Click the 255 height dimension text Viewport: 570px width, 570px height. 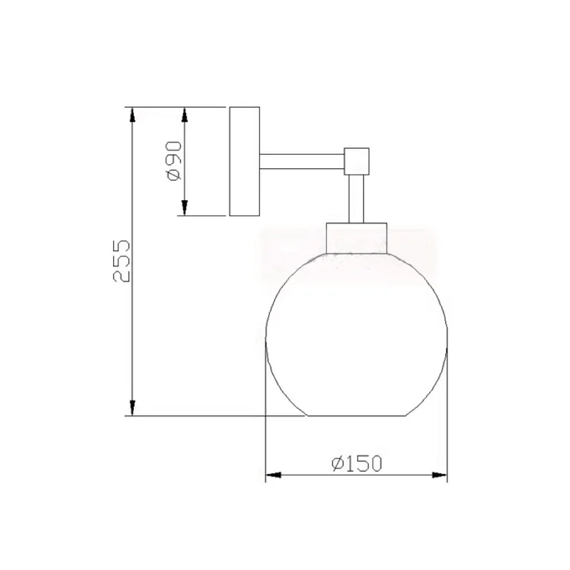(122, 261)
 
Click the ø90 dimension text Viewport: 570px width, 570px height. (174, 161)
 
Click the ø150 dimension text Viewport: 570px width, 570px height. (356, 464)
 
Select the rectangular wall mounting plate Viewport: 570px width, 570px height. (244, 161)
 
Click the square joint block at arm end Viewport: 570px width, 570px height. (357, 160)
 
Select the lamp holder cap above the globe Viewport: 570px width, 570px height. (356, 237)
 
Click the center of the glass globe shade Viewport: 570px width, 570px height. (356, 335)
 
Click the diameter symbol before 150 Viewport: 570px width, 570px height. (338, 465)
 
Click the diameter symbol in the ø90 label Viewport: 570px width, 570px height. (173, 175)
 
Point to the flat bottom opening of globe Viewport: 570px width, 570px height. (356, 415)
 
